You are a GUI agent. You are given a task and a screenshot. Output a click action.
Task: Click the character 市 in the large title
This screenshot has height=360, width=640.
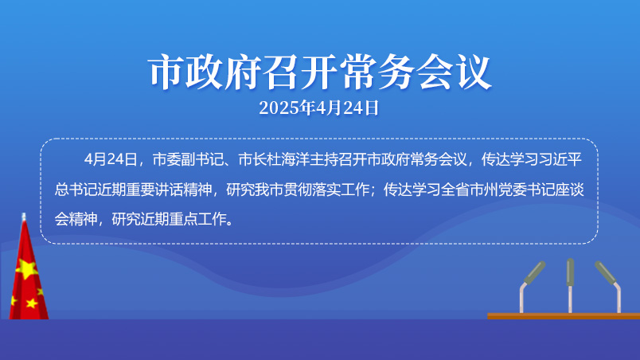point(166,72)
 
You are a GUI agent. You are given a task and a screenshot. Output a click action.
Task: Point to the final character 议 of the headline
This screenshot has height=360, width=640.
point(474,72)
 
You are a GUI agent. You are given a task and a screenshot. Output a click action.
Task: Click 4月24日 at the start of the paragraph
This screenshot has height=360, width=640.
point(111,159)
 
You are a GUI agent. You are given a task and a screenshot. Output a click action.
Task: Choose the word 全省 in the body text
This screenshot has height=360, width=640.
point(455,190)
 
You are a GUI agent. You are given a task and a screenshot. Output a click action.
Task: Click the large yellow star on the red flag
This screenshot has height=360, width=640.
point(27,269)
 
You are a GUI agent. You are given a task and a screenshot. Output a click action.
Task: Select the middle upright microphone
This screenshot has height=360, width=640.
point(570,286)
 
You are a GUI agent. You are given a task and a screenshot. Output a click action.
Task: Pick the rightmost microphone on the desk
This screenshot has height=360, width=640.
point(609,287)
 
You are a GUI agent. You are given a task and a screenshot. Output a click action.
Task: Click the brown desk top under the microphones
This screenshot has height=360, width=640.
point(564,316)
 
